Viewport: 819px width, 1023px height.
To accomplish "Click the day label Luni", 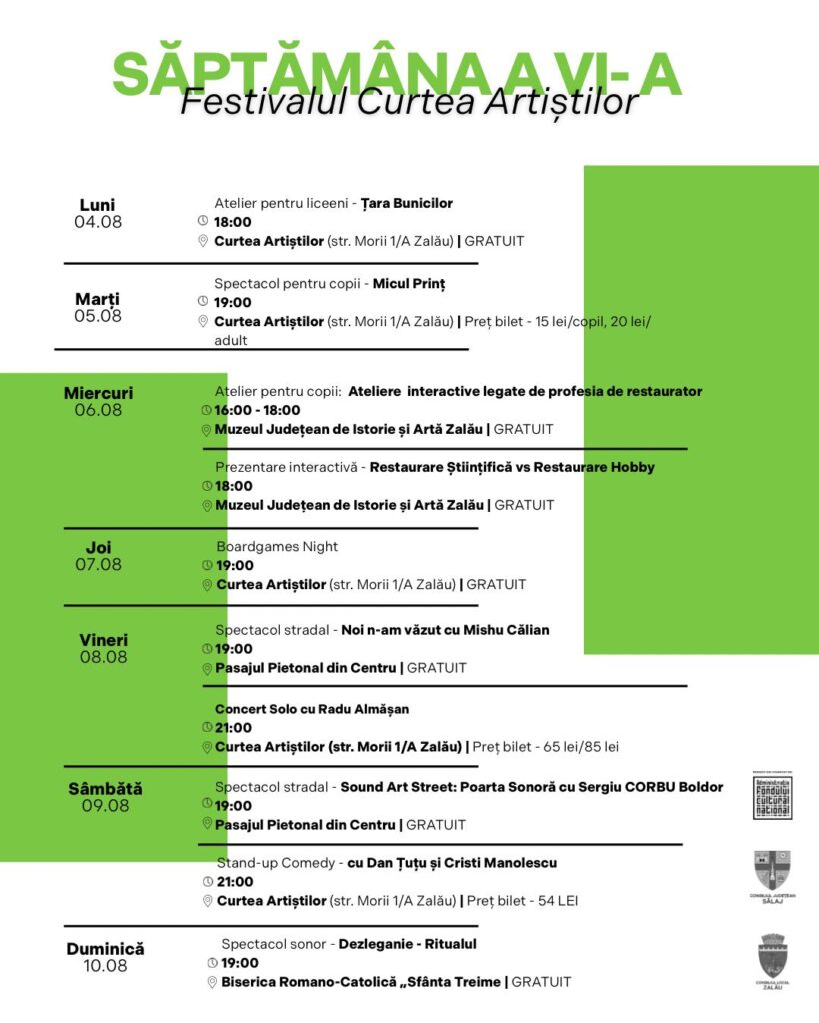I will coord(97,205).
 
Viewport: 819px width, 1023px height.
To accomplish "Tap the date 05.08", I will coord(98,316).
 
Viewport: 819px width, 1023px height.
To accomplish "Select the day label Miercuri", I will coord(98,393).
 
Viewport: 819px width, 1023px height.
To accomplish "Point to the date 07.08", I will coord(98,564).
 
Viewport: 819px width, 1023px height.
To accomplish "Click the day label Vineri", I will coord(103,640).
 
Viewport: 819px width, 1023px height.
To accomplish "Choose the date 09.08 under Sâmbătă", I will coord(105,805).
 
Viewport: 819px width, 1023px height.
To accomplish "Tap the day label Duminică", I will coord(105,948).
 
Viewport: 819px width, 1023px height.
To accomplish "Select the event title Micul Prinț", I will coord(409,283).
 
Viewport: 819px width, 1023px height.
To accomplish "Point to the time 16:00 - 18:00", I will coord(258,410).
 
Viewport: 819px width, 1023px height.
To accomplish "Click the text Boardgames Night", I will coord(277,546).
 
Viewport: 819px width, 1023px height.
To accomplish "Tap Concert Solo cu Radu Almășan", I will coord(312,709).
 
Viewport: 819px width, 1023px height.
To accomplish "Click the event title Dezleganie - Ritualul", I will coord(408,944).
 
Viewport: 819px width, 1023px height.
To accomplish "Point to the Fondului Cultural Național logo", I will coord(773,798).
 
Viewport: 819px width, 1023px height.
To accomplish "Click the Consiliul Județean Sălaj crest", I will coord(773,872).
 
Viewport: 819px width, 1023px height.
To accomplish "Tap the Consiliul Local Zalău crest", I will coord(773,956).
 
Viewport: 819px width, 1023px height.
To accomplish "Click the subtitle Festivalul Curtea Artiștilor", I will coord(409,102).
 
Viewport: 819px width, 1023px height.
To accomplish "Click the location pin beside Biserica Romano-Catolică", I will coord(212,982).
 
